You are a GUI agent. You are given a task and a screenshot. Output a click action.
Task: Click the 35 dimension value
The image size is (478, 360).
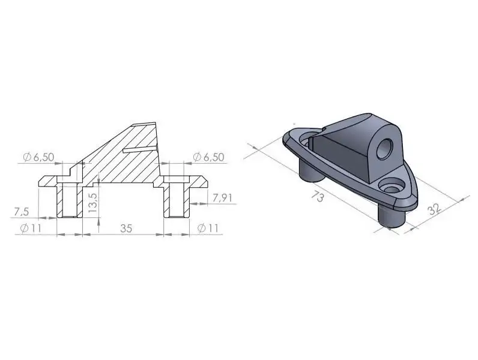pos(126,228)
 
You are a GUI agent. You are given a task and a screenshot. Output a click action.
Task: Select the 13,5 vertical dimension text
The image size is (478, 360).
pos(92,203)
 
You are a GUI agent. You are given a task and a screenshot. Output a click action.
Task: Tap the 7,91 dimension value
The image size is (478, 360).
pos(222,198)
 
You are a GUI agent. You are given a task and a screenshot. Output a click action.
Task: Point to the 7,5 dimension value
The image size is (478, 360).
pos(22,211)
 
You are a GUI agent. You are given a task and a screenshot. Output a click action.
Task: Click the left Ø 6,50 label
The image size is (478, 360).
pos(38,157)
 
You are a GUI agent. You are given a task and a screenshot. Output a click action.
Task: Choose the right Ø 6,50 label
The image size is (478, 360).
pos(208,157)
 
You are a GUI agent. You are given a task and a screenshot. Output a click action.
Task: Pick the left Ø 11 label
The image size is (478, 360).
pos(31,228)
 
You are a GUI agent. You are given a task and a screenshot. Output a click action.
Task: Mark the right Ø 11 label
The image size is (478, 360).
pos(208,228)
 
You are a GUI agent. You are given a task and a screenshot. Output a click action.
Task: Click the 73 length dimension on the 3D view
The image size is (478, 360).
pos(318,196)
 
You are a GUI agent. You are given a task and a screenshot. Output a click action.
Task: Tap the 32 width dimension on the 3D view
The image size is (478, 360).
pos(434,209)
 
